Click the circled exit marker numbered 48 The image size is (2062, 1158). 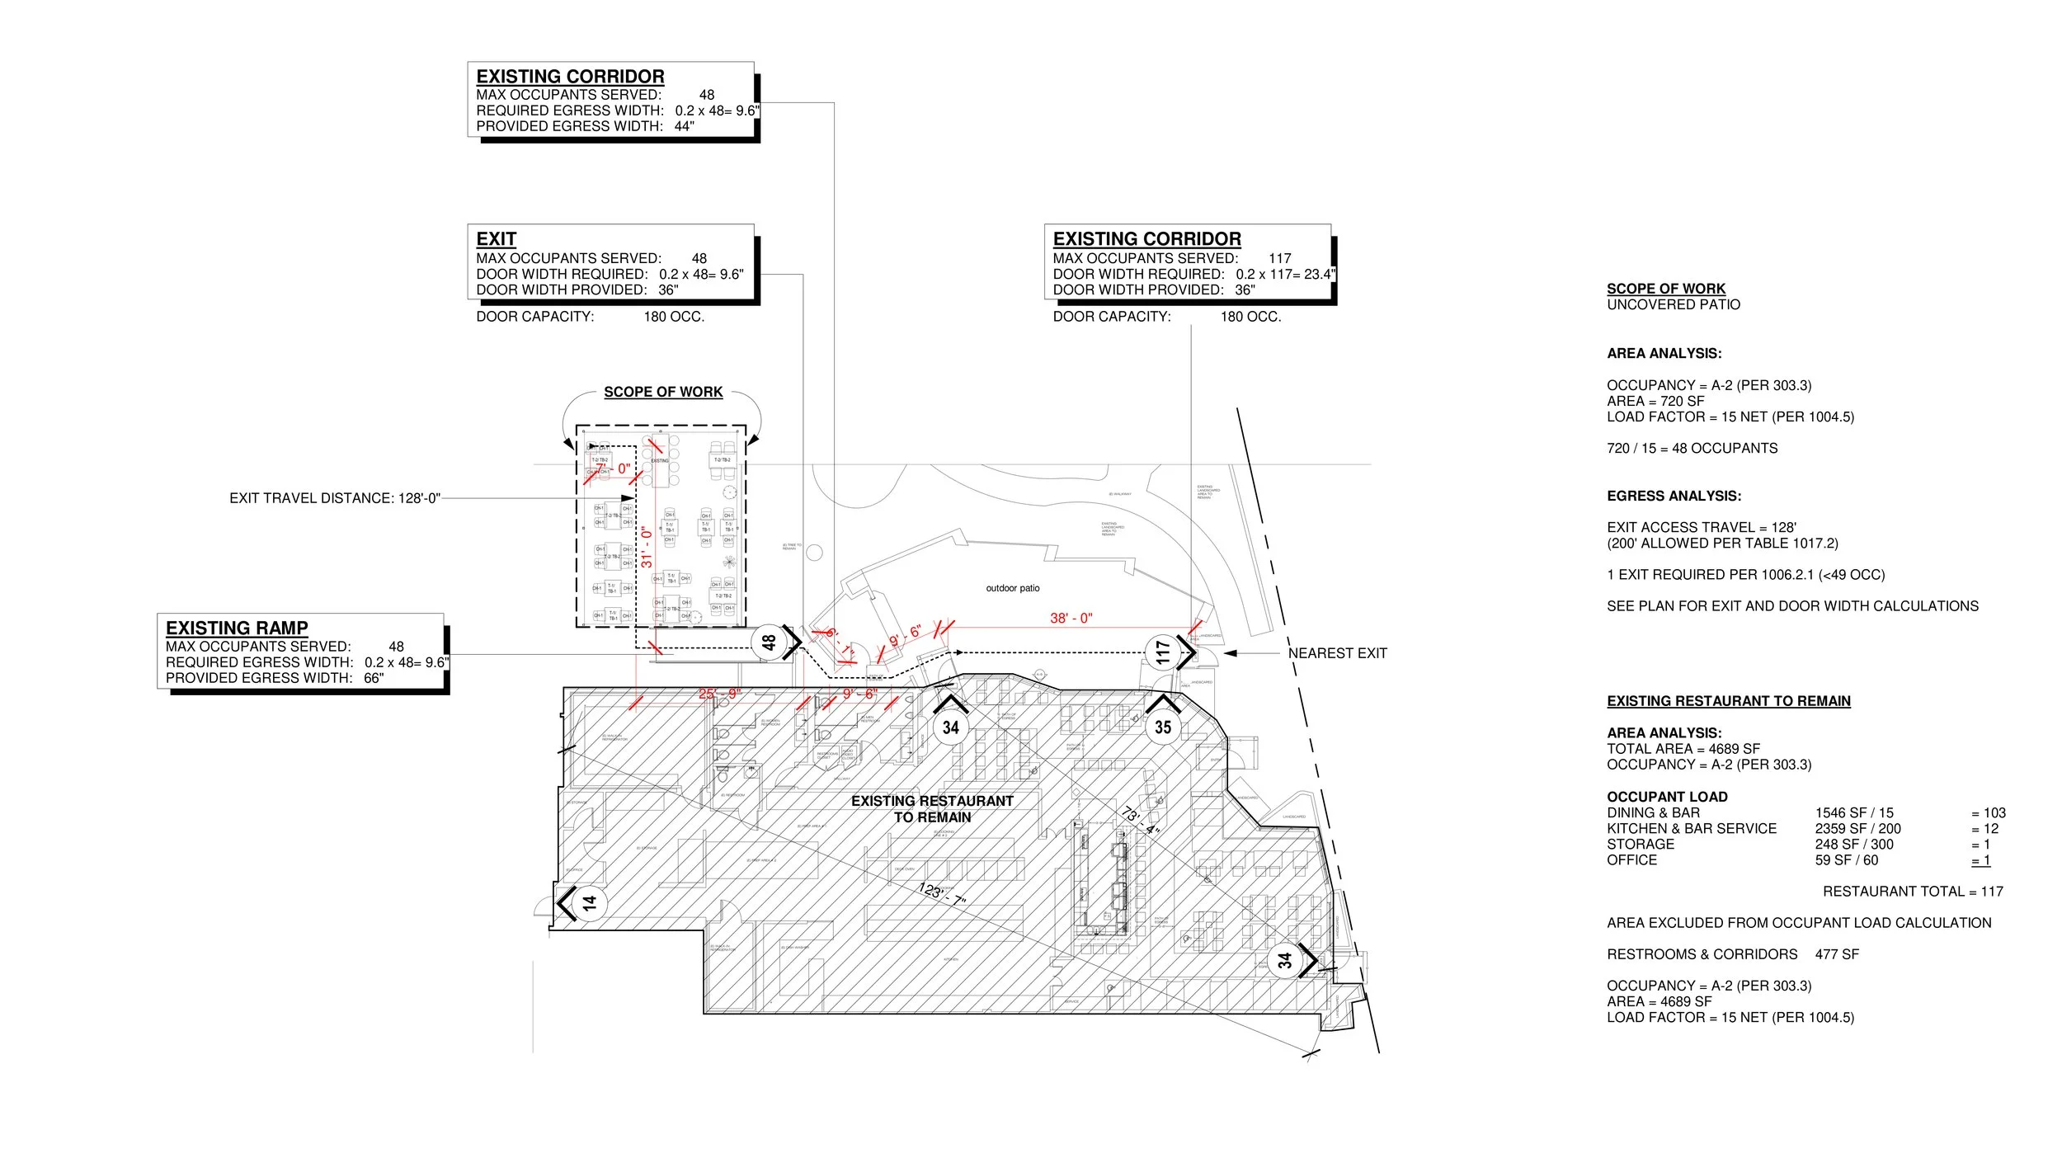point(769,642)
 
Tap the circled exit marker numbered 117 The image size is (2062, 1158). point(1163,653)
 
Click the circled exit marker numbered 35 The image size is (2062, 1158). point(1163,727)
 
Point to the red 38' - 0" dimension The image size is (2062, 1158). point(1071,618)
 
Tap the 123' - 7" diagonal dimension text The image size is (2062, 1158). point(942,895)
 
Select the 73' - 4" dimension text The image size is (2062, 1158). point(1141,821)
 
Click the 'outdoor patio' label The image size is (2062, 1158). point(1012,588)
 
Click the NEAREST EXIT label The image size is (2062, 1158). point(1337,653)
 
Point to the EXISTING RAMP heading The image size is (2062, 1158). point(237,628)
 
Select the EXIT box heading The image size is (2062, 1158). point(496,239)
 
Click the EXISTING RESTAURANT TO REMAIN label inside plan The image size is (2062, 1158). point(932,809)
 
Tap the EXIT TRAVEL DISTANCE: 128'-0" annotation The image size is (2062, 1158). point(335,498)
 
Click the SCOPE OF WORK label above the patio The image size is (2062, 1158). point(662,392)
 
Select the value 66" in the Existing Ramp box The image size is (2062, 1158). point(374,678)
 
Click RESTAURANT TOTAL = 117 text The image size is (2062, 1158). point(1912,892)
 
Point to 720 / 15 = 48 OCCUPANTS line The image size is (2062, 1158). point(1692,449)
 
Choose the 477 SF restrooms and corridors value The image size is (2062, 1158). point(1837,954)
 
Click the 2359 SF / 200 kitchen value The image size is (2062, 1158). point(1857,829)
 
